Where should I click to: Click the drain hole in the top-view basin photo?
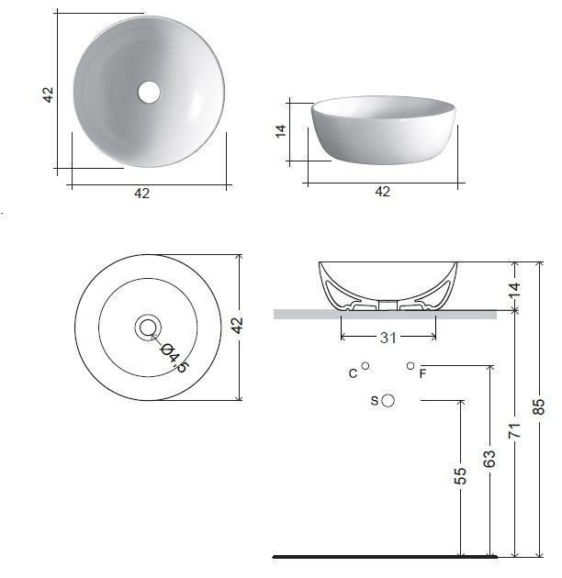pos(149,92)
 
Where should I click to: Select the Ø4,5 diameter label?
pos(175,358)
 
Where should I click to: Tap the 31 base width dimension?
pos(388,338)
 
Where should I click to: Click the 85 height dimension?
pos(539,406)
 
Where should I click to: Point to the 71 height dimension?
pos(515,430)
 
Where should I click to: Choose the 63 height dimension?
pos(489,459)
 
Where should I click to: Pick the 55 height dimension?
pos(460,476)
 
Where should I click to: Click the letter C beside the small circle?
pos(353,373)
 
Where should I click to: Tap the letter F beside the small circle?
pos(423,373)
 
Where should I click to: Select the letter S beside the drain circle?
pos(374,401)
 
